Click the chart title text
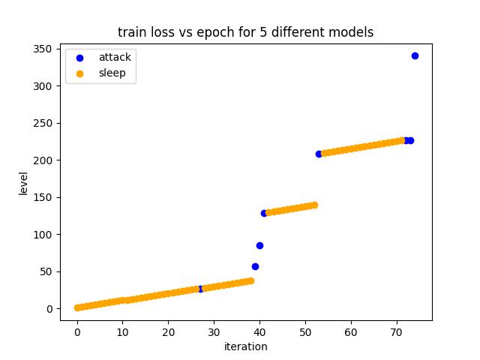point(245,32)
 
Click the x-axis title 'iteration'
point(245,346)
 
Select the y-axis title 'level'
point(23,184)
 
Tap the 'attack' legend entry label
point(115,58)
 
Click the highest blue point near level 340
point(415,56)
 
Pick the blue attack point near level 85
point(259,245)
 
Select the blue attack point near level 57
point(255,266)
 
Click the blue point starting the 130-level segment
point(264,213)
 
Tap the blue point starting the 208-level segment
point(319,154)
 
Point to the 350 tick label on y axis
point(43,49)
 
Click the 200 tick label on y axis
point(43,160)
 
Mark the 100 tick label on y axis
point(43,235)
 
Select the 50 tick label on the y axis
point(46,271)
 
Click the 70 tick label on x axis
point(397,332)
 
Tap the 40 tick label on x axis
point(259,332)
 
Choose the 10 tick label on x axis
point(123,332)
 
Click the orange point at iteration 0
point(77,307)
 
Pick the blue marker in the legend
point(80,58)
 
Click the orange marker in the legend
point(80,73)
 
